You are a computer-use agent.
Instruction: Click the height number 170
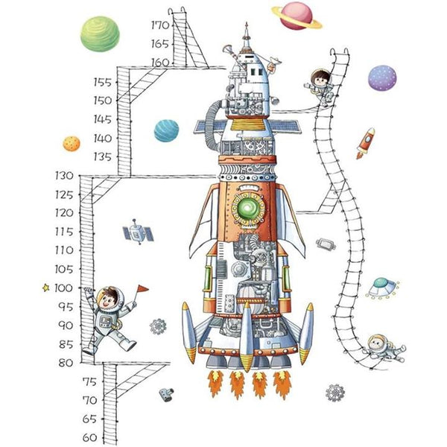(x=160, y=25)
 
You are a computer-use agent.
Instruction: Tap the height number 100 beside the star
(x=63, y=288)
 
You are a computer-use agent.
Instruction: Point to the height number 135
(x=103, y=156)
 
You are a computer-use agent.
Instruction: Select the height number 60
(x=89, y=437)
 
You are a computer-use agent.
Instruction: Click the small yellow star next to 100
(x=45, y=288)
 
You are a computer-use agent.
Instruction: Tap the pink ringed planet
(x=297, y=16)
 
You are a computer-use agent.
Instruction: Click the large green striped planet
(x=100, y=34)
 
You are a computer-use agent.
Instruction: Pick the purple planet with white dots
(x=382, y=78)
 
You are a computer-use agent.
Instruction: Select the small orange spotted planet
(x=72, y=143)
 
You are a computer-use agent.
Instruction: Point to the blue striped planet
(x=166, y=130)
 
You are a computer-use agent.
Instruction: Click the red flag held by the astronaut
(x=143, y=288)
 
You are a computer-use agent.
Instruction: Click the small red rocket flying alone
(x=366, y=143)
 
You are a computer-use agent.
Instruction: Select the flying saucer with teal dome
(x=381, y=288)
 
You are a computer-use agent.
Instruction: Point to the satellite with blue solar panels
(x=138, y=232)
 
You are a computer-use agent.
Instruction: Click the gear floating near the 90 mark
(x=158, y=326)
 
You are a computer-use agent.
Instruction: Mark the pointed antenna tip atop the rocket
(x=247, y=23)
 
